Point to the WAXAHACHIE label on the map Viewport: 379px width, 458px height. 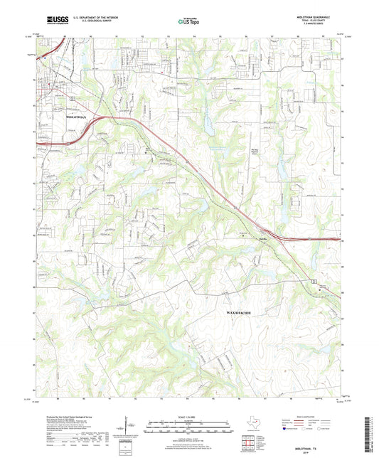[241, 312]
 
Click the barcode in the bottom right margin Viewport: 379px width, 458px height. [370, 435]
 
